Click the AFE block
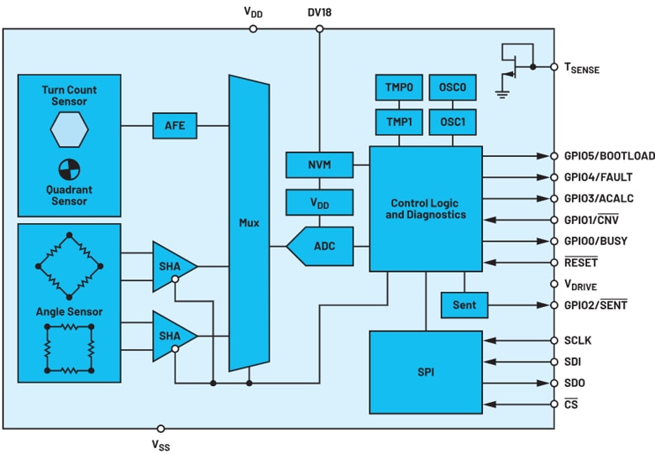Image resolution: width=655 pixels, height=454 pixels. click(175, 126)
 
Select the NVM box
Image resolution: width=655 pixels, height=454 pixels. click(320, 164)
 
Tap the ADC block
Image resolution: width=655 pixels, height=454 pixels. click(320, 246)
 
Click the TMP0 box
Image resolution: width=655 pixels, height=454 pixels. click(399, 87)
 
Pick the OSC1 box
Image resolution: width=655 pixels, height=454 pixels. click(453, 123)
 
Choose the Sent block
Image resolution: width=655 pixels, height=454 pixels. click(464, 305)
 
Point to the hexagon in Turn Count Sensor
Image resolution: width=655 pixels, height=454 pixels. click(69, 129)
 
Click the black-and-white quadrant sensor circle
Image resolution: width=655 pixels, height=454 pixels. click(69, 170)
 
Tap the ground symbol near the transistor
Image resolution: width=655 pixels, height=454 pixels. click(502, 94)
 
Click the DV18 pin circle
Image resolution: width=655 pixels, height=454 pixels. click(320, 29)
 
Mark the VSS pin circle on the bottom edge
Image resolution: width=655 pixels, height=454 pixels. click(160, 429)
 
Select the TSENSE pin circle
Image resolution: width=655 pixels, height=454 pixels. click(554, 67)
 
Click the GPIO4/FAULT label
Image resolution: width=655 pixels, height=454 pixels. click(598, 177)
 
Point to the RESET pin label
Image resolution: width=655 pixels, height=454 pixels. click(581, 263)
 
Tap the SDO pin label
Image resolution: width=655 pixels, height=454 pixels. click(574, 383)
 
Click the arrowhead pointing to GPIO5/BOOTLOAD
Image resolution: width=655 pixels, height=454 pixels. click(543, 156)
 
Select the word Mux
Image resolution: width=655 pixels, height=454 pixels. click(249, 223)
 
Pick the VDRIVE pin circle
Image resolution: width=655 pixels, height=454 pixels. click(554, 284)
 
